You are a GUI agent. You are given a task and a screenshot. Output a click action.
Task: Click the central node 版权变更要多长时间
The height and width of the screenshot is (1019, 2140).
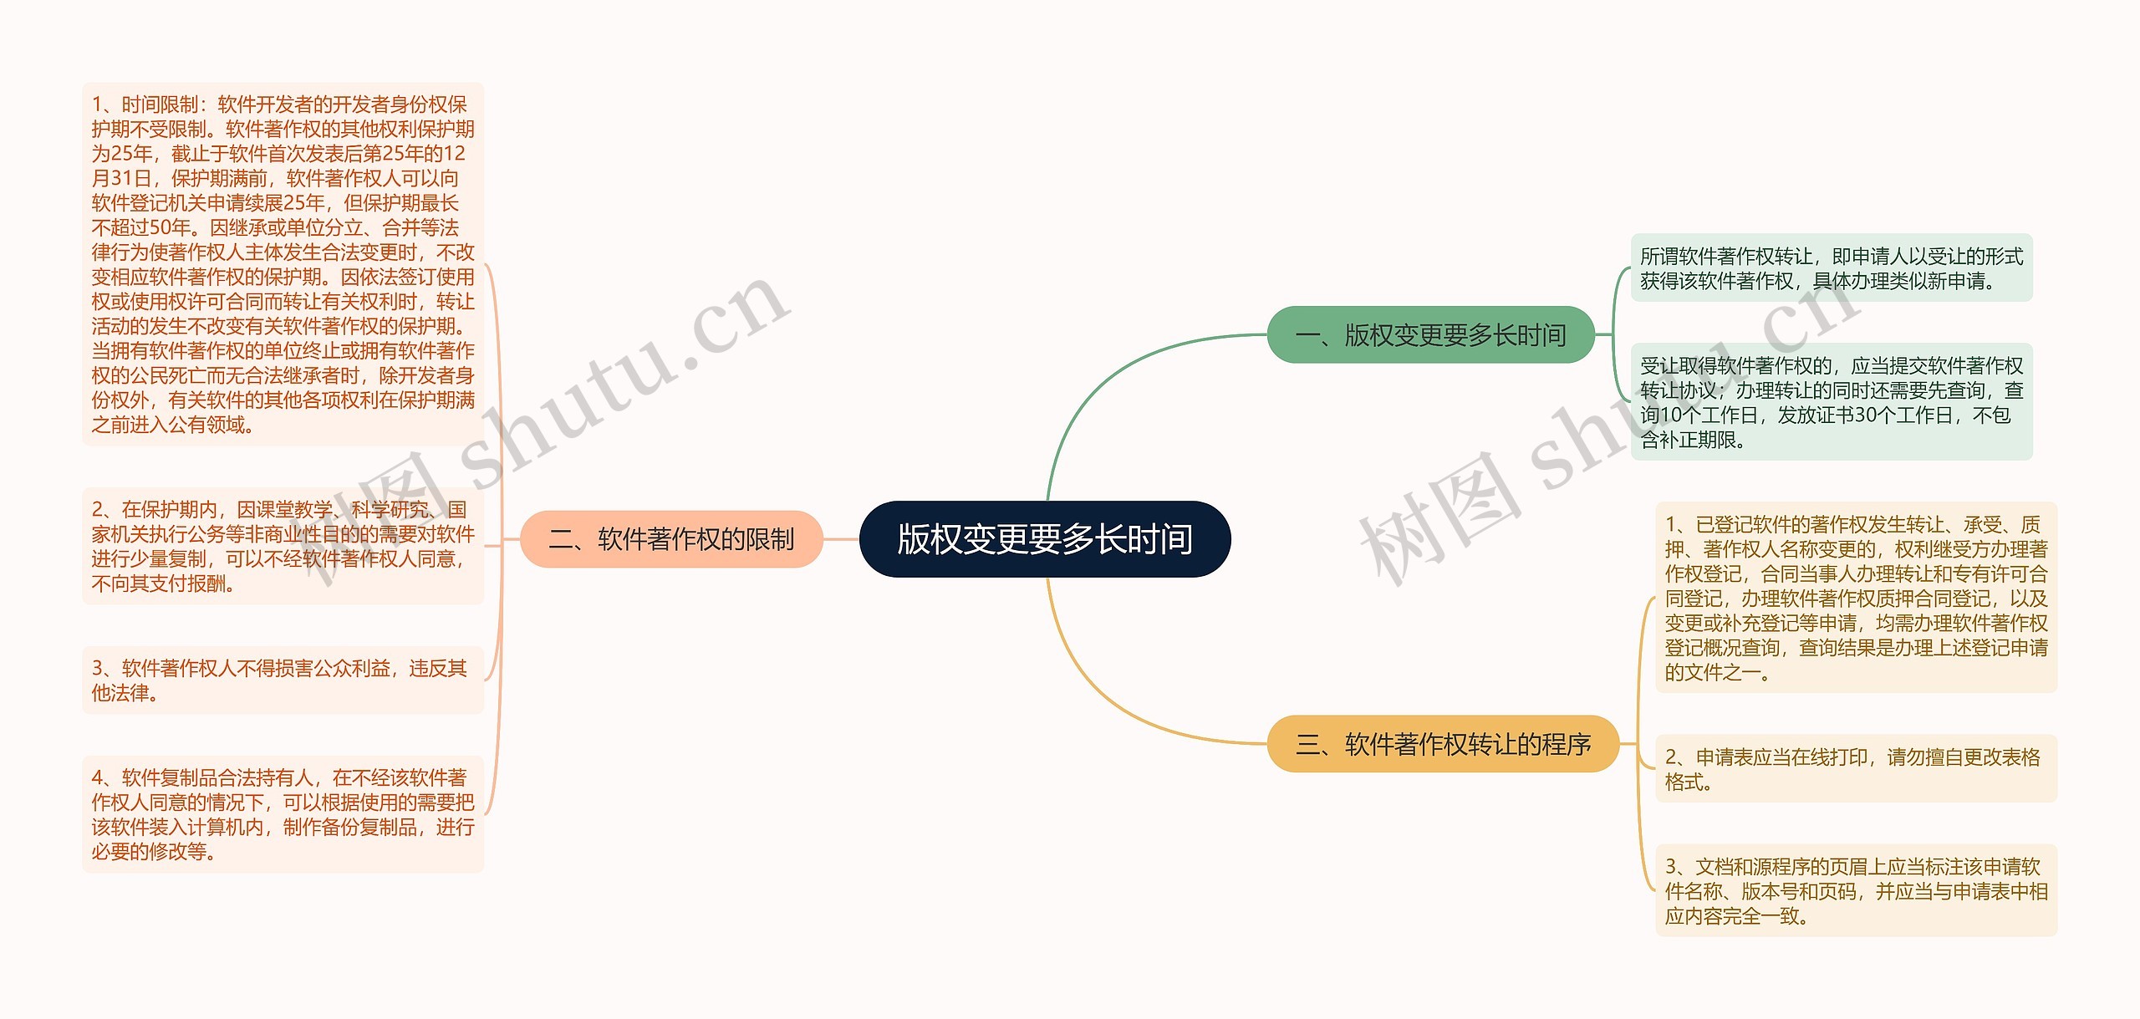coord(1045,539)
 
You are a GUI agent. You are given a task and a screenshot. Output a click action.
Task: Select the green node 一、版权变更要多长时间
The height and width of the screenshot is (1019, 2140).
coord(1430,335)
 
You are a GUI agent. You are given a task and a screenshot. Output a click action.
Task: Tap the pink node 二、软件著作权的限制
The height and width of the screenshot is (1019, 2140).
coord(671,539)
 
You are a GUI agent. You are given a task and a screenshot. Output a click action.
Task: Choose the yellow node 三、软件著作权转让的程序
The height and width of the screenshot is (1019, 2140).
coord(1443,744)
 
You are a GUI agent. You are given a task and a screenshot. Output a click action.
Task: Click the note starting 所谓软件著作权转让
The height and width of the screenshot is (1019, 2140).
coord(1831,268)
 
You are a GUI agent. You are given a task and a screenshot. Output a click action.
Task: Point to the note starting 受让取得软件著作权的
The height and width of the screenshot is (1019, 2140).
coord(1831,402)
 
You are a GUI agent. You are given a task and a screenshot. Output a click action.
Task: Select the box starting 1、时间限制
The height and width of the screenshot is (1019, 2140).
coord(283,264)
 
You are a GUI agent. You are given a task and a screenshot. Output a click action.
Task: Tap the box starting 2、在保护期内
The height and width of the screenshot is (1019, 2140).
coord(283,546)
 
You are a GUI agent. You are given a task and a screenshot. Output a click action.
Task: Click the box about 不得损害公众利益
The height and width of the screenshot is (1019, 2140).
coord(283,680)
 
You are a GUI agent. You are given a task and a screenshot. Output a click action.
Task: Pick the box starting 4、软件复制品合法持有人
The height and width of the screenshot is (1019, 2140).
coord(283,814)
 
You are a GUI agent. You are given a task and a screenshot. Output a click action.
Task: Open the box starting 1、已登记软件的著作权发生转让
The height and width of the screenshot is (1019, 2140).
coord(1856,598)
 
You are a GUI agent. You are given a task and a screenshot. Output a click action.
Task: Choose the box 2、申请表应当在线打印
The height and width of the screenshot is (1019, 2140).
coord(1856,769)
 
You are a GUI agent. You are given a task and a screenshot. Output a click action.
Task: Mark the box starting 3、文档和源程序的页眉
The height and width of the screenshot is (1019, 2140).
coord(1856,891)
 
